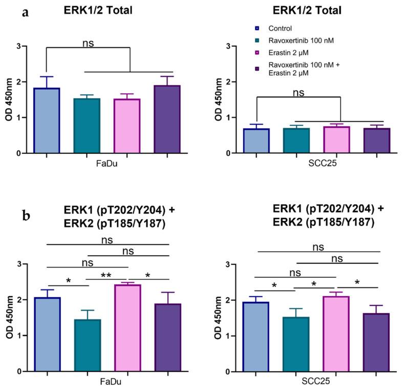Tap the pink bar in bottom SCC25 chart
click(x=336, y=334)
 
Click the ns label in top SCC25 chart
click(x=299, y=93)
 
